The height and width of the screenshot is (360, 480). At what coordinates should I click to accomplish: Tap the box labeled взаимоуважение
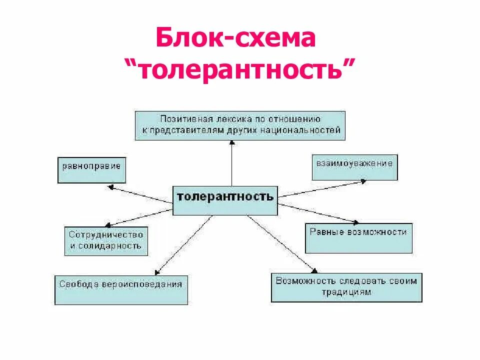(x=354, y=167)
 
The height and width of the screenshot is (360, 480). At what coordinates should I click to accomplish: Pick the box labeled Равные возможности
(x=358, y=237)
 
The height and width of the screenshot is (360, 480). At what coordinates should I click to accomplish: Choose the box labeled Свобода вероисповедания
(x=121, y=289)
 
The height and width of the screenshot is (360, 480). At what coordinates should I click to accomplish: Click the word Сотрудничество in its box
(x=106, y=234)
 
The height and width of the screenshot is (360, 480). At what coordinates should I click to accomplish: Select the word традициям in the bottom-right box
(x=346, y=292)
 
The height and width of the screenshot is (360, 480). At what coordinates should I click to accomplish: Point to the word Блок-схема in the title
(x=235, y=39)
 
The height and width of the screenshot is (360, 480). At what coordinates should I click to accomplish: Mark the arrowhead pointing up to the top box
(x=231, y=142)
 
